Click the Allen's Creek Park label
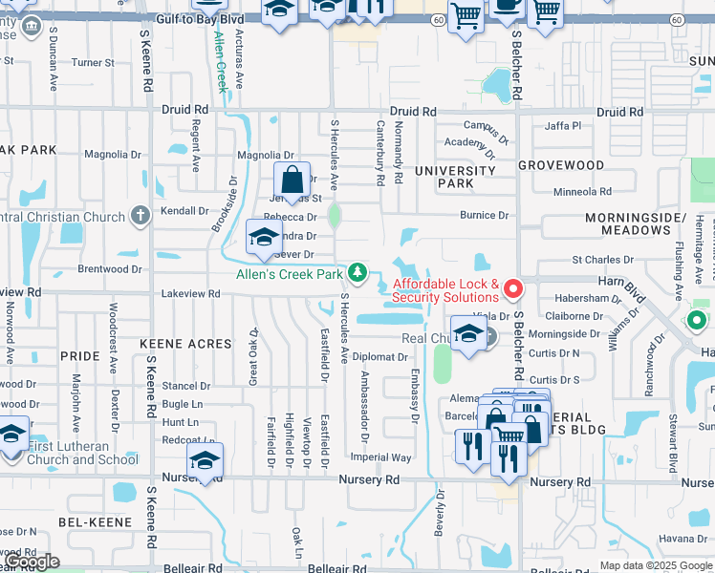pos(290,275)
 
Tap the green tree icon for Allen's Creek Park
pos(357,274)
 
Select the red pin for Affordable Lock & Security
pos(513,286)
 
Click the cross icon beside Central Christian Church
pos(141,214)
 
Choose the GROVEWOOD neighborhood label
pos(561,165)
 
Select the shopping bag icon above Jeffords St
pos(292,180)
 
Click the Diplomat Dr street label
pos(380,357)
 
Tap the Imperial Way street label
pos(380,457)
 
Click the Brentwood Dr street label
pos(109,269)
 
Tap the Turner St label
pos(93,63)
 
